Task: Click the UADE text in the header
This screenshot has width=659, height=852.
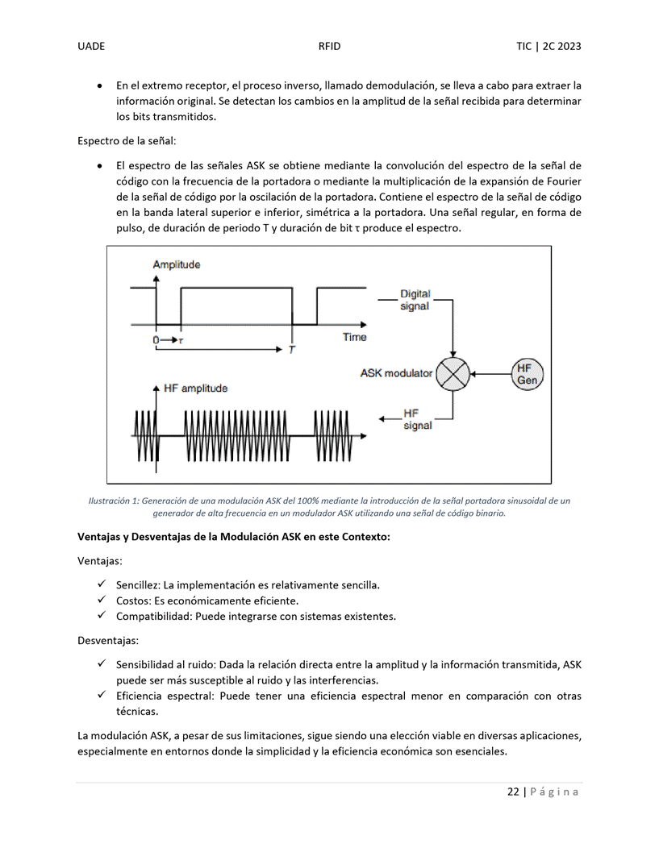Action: [91, 46]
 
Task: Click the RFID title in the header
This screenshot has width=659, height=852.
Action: [329, 46]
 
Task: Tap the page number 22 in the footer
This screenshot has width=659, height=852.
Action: [513, 792]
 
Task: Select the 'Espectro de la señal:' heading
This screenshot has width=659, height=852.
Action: [127, 141]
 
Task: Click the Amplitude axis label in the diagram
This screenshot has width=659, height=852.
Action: [176, 264]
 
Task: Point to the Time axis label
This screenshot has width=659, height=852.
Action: [354, 337]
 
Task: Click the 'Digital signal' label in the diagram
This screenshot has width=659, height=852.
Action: [415, 300]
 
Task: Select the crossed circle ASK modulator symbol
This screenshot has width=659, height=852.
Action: [454, 373]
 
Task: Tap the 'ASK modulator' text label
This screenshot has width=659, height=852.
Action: [396, 373]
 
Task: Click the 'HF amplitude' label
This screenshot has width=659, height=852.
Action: [195, 388]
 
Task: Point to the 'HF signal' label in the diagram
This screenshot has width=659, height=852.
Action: [417, 419]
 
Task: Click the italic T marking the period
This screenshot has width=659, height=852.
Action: [291, 350]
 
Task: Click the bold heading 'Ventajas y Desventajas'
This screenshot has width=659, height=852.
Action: [233, 537]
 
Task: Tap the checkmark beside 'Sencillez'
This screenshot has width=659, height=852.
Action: [102, 584]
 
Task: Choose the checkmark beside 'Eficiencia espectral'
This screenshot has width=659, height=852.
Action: [102, 695]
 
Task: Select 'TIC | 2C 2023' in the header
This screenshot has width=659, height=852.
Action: [548, 46]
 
